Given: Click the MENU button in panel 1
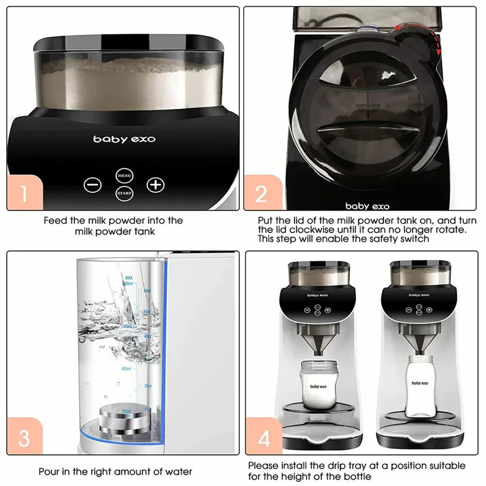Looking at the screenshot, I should pyautogui.click(x=124, y=176).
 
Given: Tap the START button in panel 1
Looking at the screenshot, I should pyautogui.click(x=124, y=194).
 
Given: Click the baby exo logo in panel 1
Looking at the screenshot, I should pyautogui.click(x=124, y=140).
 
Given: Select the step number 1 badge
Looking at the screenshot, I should pyautogui.click(x=25, y=193).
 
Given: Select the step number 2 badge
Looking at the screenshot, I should pyautogui.click(x=262, y=193).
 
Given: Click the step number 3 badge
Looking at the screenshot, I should pyautogui.click(x=25, y=438).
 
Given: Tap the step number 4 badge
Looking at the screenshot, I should pyautogui.click(x=263, y=438).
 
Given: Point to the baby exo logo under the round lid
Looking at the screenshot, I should pyautogui.click(x=367, y=206).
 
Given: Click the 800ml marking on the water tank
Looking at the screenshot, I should pyautogui.click(x=126, y=368).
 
